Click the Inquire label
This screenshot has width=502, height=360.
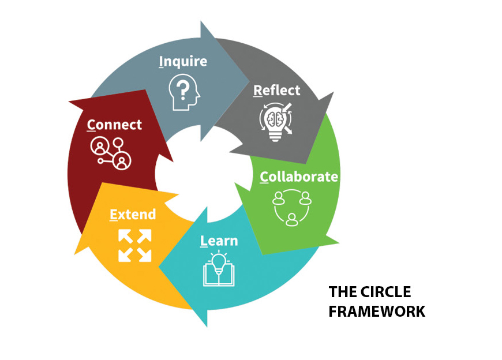(183, 62)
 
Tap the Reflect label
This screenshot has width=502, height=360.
(277, 91)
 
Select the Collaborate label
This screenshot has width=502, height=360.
(299, 177)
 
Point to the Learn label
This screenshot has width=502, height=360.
(219, 241)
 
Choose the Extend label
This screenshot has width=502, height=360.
(133, 215)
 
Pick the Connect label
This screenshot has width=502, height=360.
(114, 125)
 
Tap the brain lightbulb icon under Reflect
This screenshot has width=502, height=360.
(275, 119)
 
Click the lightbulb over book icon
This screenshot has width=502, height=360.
(219, 269)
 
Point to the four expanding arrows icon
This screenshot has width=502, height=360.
(135, 245)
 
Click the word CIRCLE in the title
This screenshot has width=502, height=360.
(393, 291)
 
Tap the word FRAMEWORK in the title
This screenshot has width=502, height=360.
(377, 312)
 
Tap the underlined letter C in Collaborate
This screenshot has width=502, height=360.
(264, 177)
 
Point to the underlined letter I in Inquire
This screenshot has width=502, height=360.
(161, 62)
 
